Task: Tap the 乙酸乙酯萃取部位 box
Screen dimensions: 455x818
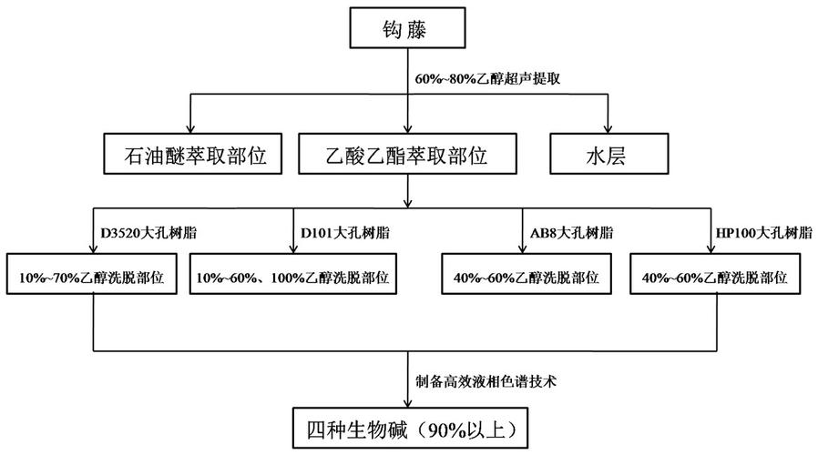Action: [x=406, y=154]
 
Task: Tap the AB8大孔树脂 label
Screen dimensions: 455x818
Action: [x=569, y=232]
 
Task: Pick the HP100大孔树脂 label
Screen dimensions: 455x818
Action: [x=762, y=232]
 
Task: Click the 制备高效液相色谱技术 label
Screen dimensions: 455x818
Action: [x=475, y=383]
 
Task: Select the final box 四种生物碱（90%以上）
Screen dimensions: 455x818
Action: [x=406, y=427]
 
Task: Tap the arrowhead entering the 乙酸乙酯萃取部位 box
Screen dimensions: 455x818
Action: [x=406, y=129]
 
